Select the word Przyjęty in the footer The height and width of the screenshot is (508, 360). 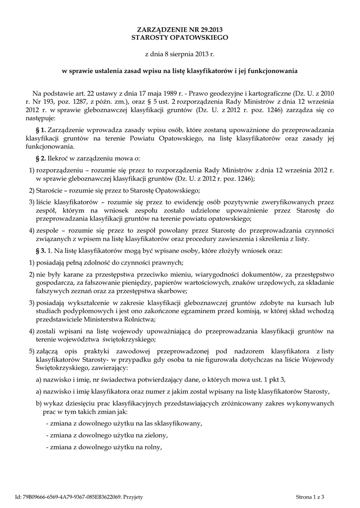[x=133, y=496]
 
